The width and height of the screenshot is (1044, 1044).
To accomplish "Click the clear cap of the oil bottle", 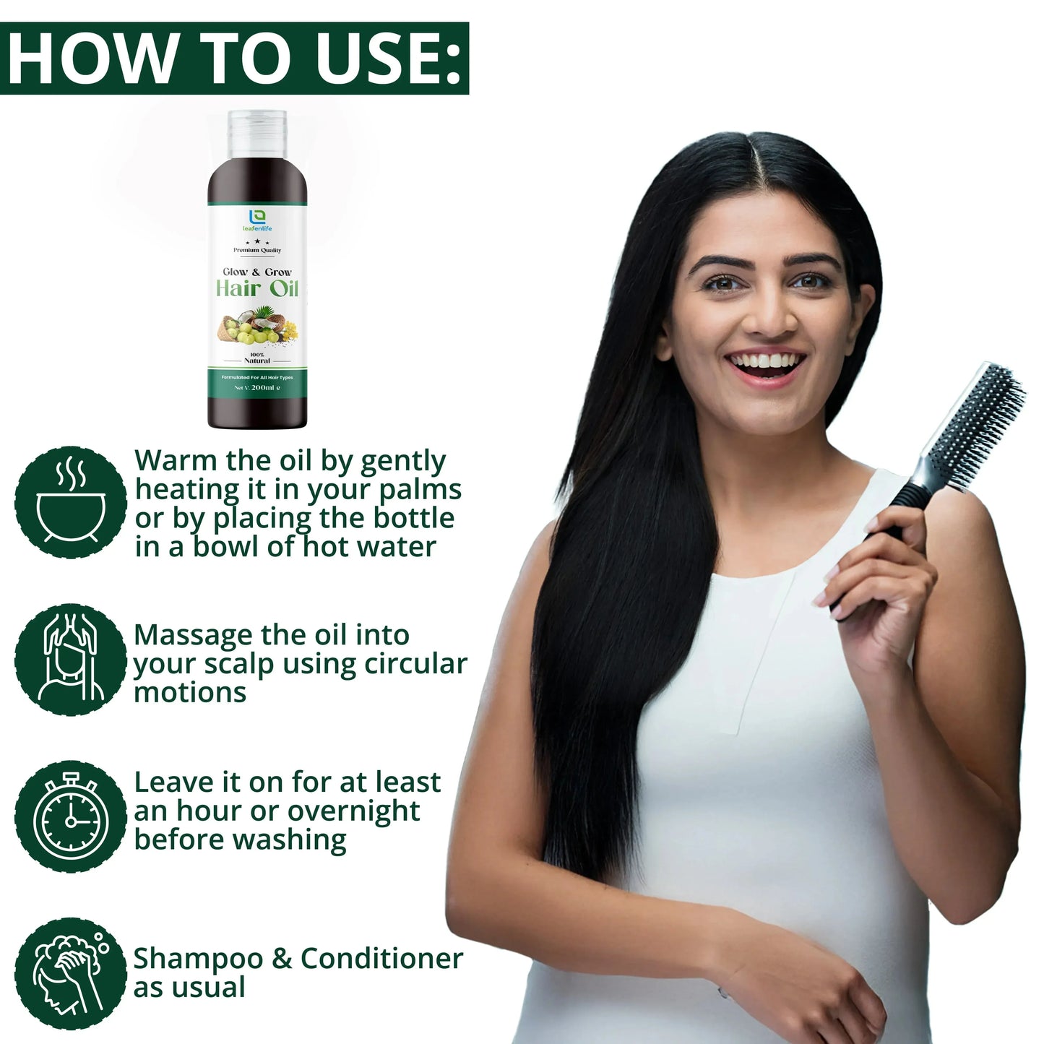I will tap(257, 134).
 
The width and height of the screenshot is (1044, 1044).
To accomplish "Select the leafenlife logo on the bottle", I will tap(257, 220).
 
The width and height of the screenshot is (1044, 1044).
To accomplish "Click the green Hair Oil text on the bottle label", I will tap(257, 289).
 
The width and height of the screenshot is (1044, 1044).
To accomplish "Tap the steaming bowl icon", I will tap(71, 502).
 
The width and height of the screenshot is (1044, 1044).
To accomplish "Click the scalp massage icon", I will tap(71, 660).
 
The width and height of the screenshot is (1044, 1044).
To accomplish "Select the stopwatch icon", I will tap(71, 816).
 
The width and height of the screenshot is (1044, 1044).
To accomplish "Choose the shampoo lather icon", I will tap(71, 973).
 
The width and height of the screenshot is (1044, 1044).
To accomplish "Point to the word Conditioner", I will tap(381, 959).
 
